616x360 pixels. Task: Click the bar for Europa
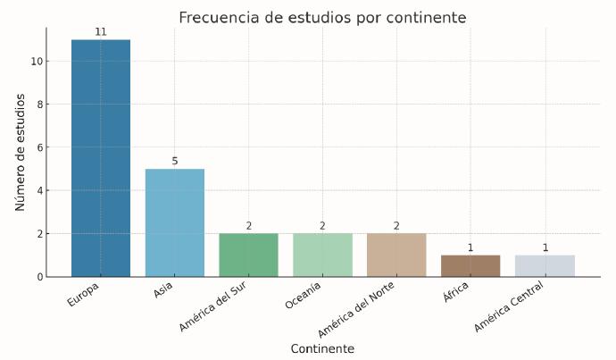(x=101, y=158)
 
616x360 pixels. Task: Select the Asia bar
(x=175, y=222)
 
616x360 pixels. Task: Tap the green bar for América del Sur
(x=248, y=255)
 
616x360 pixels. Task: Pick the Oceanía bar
(x=322, y=255)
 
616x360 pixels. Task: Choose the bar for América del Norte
(x=396, y=255)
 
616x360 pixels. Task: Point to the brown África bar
(x=470, y=265)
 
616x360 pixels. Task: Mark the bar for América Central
(x=545, y=265)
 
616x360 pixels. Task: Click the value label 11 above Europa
(x=101, y=32)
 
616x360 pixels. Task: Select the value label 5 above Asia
(x=175, y=161)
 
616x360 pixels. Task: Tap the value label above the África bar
(x=470, y=247)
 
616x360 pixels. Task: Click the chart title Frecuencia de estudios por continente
(x=322, y=18)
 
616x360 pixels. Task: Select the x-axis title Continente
(x=322, y=348)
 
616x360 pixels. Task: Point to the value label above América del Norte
(x=396, y=226)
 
